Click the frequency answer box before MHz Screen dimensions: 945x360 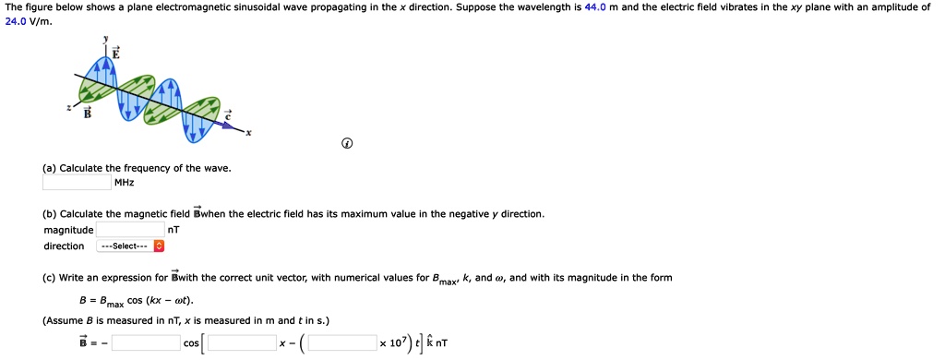(x=77, y=183)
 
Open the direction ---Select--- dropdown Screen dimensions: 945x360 (x=130, y=246)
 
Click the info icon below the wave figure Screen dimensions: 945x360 (x=347, y=144)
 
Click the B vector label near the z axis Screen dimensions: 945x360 (x=88, y=114)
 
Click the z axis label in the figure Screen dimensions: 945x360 (x=67, y=107)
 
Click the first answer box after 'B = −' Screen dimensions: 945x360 (x=146, y=343)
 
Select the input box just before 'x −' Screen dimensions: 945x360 (x=242, y=343)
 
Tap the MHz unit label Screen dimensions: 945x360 (x=124, y=183)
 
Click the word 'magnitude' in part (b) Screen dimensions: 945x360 (x=68, y=230)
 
